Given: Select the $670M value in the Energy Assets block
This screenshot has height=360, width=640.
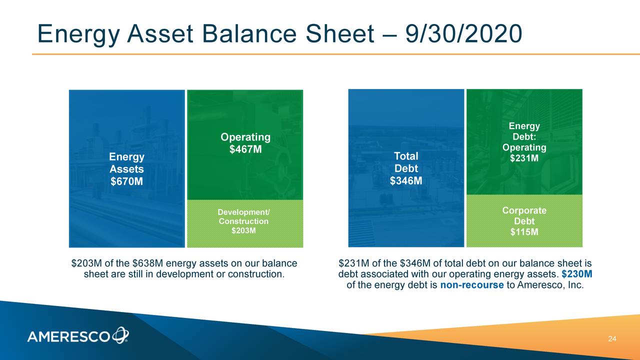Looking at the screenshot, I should point(126,181).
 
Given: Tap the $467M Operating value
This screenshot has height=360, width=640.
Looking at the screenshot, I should point(245,149).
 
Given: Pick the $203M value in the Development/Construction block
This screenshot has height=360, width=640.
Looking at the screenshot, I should point(243,230).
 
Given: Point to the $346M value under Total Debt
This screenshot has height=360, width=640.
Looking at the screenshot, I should point(406,180).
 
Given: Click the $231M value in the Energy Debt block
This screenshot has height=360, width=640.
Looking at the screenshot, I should point(524,158).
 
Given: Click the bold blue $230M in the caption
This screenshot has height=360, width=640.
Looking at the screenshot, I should point(577,274).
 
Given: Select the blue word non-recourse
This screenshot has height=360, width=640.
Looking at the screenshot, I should point(472,285).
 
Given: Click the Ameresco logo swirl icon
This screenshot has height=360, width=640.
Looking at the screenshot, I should point(120,335).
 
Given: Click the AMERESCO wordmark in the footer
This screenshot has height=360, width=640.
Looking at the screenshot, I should point(69,337).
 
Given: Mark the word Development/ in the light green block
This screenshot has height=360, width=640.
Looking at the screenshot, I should point(243,212).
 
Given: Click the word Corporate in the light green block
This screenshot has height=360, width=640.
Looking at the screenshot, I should point(524,210).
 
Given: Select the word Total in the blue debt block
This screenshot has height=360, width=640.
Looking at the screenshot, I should point(406,157).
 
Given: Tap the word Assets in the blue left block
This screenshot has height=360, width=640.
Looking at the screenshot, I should point(126,169).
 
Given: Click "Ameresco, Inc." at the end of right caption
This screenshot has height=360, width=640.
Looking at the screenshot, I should point(551,285).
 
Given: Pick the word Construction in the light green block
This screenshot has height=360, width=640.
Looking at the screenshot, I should point(243,221).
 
